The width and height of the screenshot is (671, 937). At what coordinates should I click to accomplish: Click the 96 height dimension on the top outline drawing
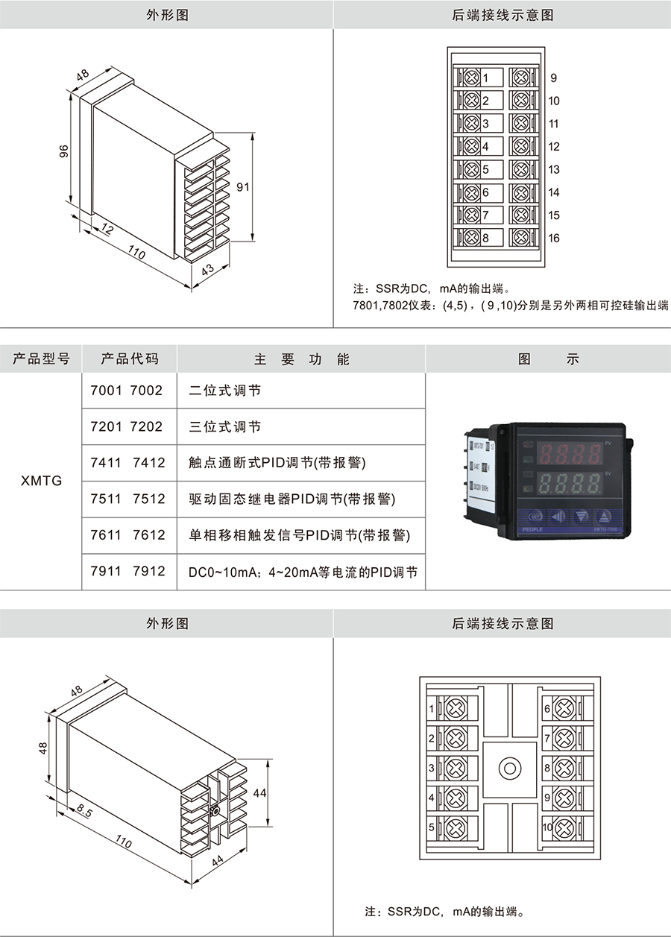[64, 151]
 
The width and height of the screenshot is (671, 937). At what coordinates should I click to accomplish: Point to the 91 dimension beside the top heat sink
[242, 188]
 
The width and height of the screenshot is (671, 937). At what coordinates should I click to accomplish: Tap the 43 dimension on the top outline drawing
[208, 270]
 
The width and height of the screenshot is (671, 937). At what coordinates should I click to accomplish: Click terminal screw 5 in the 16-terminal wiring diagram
[471, 170]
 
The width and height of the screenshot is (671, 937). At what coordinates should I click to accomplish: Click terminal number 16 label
[553, 239]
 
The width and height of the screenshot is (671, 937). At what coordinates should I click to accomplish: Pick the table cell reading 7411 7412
[127, 463]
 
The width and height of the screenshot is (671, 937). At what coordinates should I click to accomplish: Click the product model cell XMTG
[41, 481]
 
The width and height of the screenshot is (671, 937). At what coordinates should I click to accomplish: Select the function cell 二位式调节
[224, 391]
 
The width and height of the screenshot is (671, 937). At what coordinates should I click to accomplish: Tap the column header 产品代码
[130, 359]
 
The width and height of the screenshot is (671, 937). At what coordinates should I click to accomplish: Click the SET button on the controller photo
[535, 516]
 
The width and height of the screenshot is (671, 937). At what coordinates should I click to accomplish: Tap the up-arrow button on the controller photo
[605, 516]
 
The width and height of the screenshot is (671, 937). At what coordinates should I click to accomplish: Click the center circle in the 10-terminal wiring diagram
[510, 768]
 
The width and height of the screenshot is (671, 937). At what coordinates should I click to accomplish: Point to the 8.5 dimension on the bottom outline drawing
[84, 812]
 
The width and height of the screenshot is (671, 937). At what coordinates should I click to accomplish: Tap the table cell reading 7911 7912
[127, 572]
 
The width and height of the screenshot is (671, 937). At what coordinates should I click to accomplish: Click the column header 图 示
[548, 359]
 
